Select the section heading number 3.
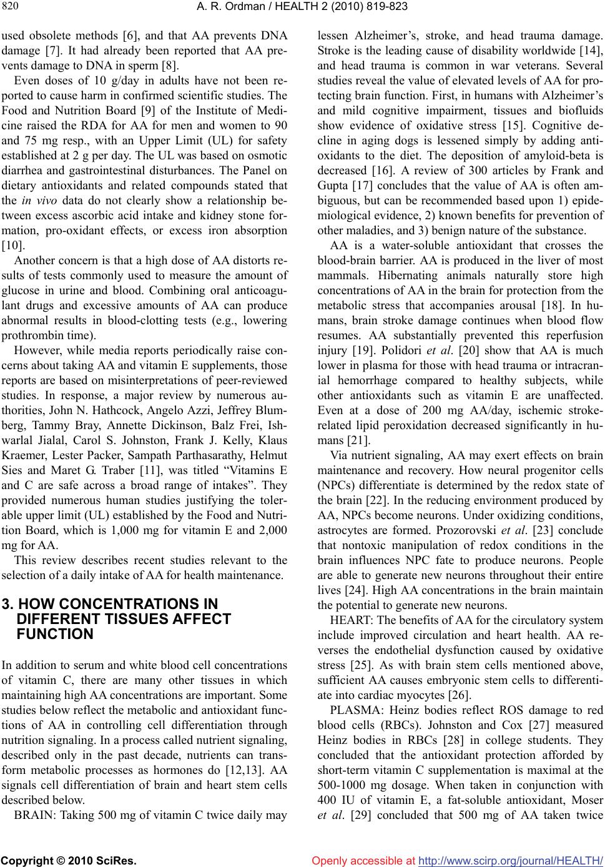pos(7,604)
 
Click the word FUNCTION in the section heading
pos(55,634)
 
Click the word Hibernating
pos(389,275)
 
